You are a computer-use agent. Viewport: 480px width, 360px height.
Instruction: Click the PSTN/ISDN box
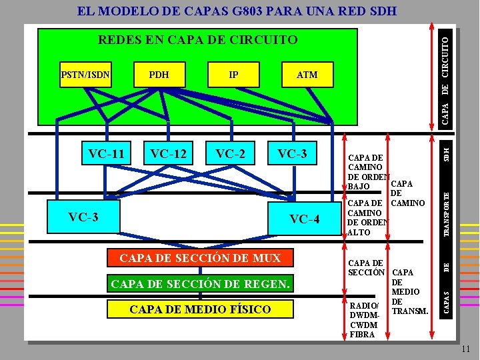coord(84,75)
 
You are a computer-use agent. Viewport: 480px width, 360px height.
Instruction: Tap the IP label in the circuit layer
coord(233,75)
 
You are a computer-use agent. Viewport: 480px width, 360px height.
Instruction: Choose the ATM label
coord(307,75)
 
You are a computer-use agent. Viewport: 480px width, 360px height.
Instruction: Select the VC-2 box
coord(231,154)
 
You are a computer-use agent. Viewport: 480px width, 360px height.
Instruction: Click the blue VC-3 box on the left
coord(84,217)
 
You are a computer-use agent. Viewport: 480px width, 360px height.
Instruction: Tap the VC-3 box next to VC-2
coord(293,154)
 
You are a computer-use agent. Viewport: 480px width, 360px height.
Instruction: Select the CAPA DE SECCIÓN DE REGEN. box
coord(200,285)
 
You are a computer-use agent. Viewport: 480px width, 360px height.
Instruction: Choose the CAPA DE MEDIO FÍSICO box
coord(200,309)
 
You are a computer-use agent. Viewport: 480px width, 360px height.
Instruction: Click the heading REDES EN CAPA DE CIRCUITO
coord(198,40)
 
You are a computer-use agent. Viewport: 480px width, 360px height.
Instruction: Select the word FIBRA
coord(363,334)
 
